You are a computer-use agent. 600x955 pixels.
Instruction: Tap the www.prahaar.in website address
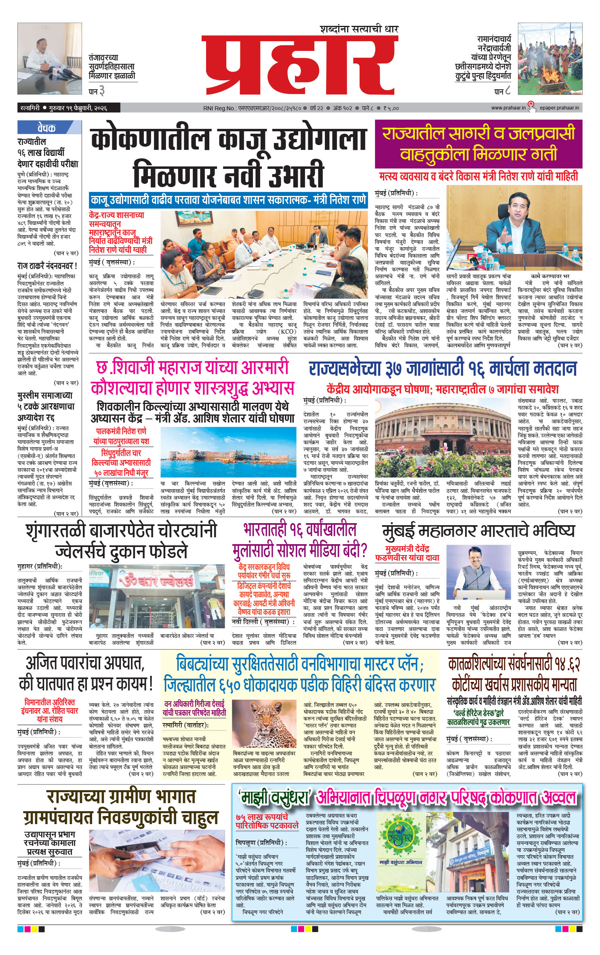(508, 108)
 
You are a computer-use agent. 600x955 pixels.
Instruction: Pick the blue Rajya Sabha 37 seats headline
(442, 368)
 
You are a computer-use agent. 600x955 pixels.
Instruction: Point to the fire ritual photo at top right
(550, 59)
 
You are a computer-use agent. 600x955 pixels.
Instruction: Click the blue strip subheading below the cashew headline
(228, 200)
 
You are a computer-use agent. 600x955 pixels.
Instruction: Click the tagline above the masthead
(358, 29)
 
